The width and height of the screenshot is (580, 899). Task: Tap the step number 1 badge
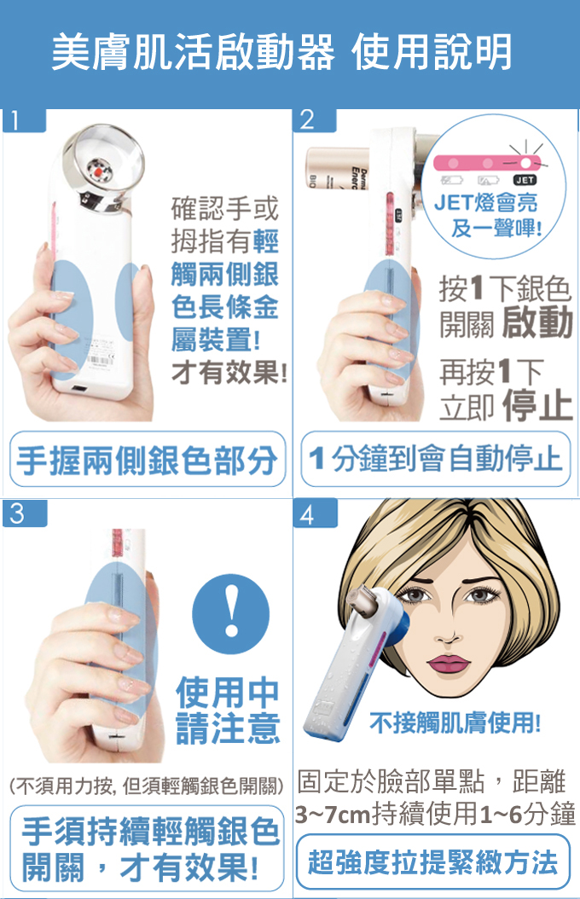click(24, 120)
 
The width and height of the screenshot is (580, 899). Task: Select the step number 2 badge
click(314, 119)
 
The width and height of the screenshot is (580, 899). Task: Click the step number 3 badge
click(24, 513)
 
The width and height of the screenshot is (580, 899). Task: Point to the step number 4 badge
click(314, 513)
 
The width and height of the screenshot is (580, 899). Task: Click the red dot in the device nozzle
click(98, 171)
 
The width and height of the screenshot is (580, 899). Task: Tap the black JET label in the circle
click(525, 180)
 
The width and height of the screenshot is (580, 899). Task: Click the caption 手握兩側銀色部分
click(148, 460)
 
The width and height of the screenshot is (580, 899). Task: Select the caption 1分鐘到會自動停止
click(436, 459)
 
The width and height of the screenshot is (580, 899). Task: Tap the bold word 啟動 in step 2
click(537, 322)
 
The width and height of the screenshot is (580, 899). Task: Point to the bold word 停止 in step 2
click(537, 405)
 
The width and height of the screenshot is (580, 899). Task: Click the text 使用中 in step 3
click(228, 692)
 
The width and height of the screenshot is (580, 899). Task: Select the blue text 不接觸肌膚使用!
click(455, 722)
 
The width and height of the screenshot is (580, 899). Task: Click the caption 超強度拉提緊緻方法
click(432, 862)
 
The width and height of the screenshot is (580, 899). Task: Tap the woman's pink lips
click(449, 664)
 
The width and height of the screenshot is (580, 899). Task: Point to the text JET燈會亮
click(486, 202)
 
